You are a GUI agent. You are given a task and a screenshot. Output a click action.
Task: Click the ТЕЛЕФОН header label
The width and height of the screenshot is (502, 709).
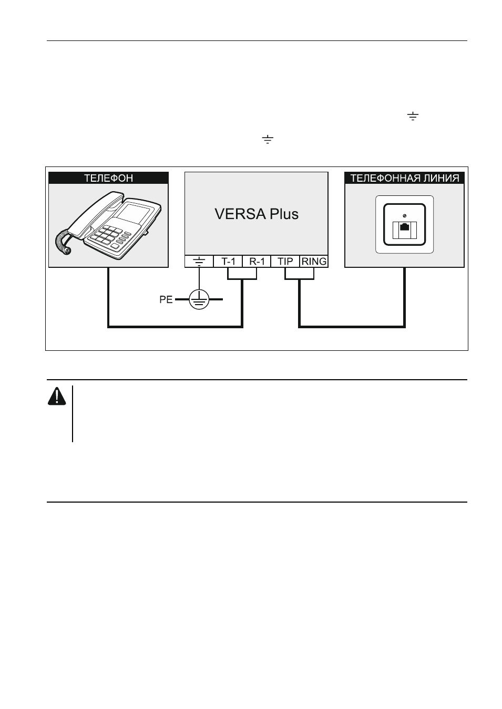tap(108, 178)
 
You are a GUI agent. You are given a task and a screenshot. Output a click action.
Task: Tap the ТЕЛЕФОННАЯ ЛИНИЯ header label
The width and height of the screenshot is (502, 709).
tap(404, 178)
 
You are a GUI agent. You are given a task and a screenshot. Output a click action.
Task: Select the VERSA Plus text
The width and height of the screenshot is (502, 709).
tap(257, 214)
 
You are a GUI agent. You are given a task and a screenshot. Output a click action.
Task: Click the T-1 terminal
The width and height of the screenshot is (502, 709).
tap(228, 262)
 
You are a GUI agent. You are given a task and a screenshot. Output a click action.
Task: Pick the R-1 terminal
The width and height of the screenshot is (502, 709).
tap(257, 262)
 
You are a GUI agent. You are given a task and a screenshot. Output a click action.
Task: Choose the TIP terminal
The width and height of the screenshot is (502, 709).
tap(285, 262)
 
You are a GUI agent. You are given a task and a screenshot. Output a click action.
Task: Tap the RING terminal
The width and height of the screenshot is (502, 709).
tap(314, 262)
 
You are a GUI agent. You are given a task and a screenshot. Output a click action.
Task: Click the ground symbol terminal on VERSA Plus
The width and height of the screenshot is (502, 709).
tap(199, 262)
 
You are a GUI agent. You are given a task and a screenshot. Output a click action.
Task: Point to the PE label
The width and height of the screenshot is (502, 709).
tap(166, 299)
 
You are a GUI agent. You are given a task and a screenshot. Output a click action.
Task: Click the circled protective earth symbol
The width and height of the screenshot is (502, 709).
tap(199, 299)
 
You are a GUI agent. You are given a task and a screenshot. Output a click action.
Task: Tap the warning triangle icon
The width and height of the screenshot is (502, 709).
tap(57, 397)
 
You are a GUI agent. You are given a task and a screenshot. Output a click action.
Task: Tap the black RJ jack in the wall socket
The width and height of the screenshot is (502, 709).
tap(404, 227)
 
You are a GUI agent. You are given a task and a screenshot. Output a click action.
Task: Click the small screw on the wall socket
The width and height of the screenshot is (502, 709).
tap(404, 216)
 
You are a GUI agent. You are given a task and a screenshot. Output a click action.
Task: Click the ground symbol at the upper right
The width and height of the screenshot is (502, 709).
tap(413, 116)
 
